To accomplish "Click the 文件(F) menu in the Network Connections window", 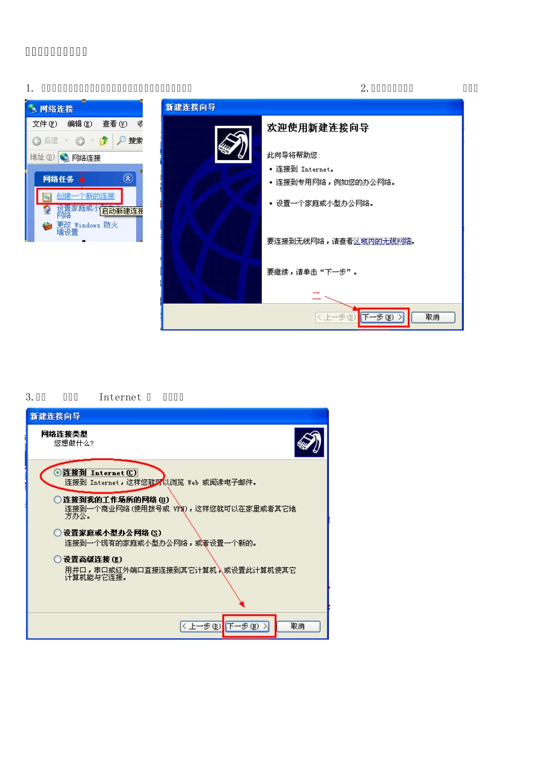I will pos(45,124).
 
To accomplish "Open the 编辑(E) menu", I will pos(80,124).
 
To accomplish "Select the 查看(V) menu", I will pos(115,124).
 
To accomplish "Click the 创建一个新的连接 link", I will pos(85,196).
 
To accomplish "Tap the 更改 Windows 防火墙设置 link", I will pos(87,228).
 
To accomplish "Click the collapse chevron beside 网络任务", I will pos(128,179).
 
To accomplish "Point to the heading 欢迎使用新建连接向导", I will pos(318,128).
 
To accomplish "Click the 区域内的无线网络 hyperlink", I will pos(383,241).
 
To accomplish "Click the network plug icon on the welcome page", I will pos(234,144).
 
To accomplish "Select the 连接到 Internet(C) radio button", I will pos(58,473).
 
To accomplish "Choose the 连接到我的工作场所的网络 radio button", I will pos(58,500).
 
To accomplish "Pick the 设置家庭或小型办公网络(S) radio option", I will pos(58,533).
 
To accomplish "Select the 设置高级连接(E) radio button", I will pos(58,559).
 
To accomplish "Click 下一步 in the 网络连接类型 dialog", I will pos(247,627).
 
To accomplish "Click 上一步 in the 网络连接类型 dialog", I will pos(201,627).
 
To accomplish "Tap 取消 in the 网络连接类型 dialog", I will pos(297,627).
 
